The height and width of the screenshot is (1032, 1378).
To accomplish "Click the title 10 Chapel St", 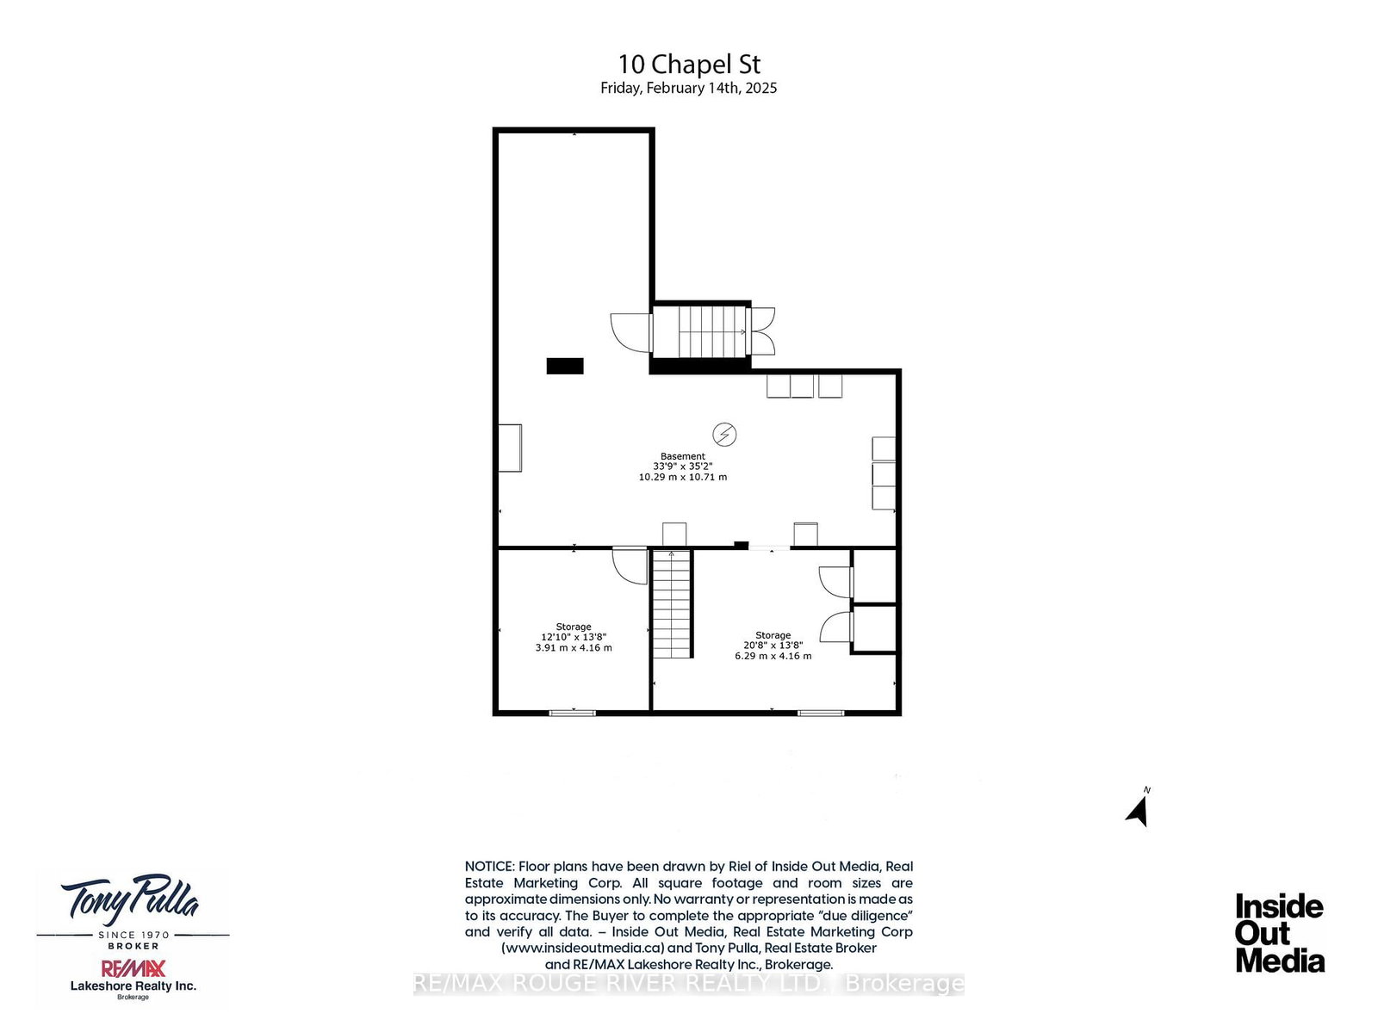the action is [689, 64].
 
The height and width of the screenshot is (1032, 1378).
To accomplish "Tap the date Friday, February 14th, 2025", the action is [688, 88].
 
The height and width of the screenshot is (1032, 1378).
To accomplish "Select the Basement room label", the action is [682, 456].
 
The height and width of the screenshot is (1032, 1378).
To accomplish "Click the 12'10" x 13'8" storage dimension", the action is [574, 637].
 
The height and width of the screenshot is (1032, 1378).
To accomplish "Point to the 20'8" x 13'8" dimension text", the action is [773, 645].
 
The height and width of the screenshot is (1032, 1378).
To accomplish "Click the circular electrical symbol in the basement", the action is [723, 434].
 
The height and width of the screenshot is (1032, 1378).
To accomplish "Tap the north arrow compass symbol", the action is [1138, 810].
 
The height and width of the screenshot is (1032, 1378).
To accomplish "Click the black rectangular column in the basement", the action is [564, 366].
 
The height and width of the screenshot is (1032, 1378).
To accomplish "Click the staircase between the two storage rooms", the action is [673, 603].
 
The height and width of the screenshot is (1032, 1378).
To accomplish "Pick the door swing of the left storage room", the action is [629, 565].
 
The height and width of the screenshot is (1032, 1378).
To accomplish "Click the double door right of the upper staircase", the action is [763, 331].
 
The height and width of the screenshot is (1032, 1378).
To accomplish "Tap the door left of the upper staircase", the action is [631, 332].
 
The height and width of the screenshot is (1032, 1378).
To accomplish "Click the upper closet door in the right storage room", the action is [835, 582].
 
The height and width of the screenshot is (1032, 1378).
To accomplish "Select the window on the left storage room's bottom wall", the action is [572, 712].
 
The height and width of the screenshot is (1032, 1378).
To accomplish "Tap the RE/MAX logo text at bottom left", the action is [133, 968].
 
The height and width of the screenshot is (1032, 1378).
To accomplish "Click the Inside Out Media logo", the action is [1280, 933].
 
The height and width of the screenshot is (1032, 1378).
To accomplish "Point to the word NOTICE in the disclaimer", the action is [489, 867].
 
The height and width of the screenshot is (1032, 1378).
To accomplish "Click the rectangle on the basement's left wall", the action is [510, 448].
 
